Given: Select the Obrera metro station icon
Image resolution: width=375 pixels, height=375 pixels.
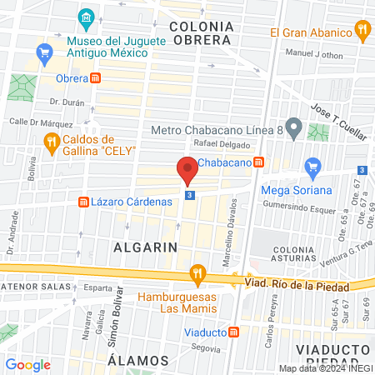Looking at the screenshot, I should coord(97,78).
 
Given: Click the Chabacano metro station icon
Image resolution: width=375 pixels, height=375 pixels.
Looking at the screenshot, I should coord(259,162).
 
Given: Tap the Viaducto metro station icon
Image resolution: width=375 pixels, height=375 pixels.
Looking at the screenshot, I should coord(234,332).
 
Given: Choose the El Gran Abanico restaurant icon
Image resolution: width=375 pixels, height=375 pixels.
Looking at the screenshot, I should coord(362,32).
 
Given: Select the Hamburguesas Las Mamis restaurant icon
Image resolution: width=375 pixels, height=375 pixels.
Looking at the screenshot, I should coord(197,272).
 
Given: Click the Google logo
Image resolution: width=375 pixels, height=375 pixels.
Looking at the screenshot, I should coord(28,364).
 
